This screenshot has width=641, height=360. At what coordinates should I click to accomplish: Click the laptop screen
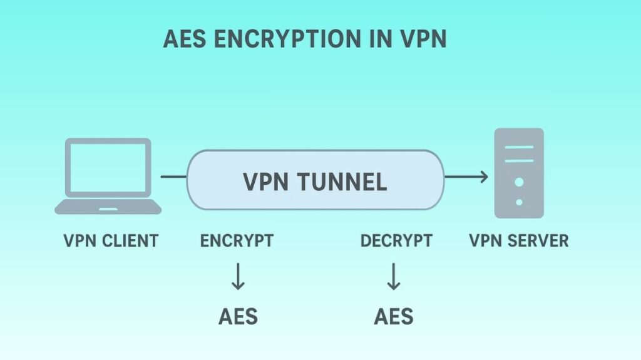pyautogui.click(x=108, y=167)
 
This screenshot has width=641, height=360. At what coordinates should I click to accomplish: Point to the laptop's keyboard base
pyautogui.click(x=108, y=208)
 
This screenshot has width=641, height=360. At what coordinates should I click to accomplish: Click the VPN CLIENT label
pyautogui.click(x=111, y=240)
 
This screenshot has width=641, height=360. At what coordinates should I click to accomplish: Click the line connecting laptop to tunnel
pyautogui.click(x=173, y=177)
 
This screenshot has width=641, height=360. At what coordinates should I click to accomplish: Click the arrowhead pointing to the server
pyautogui.click(x=483, y=177)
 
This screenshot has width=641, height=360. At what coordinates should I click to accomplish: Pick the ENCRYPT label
pyautogui.click(x=237, y=240)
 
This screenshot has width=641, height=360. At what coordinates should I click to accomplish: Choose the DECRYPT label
pyautogui.click(x=396, y=240)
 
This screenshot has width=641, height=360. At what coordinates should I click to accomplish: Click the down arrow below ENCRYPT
pyautogui.click(x=238, y=276)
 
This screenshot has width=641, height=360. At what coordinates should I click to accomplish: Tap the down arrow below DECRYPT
pyautogui.click(x=393, y=276)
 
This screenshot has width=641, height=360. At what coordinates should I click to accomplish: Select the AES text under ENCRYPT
pyautogui.click(x=238, y=316)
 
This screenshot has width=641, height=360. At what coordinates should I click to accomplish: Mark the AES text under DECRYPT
pyautogui.click(x=394, y=316)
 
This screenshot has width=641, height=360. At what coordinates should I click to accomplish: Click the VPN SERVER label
pyautogui.click(x=519, y=240)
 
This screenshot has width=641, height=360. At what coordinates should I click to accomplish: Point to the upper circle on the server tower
pyautogui.click(x=519, y=182)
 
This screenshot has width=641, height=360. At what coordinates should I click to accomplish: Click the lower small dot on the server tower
pyautogui.click(x=519, y=202)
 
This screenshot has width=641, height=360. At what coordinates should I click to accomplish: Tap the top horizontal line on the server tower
pyautogui.click(x=519, y=148)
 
